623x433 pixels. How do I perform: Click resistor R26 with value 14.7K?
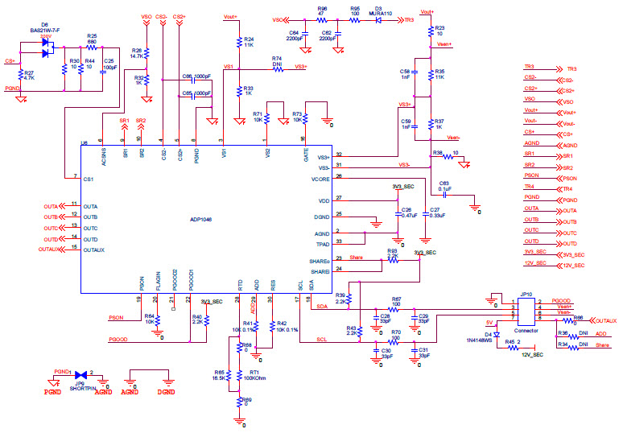pyautogui.click(x=146, y=52)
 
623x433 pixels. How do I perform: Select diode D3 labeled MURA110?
pyautogui.click(x=377, y=19)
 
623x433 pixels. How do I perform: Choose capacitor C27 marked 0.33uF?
pyautogui.click(x=426, y=212)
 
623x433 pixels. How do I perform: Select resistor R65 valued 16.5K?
pyautogui.click(x=229, y=374)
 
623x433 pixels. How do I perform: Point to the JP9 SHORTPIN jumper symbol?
pyautogui.click(x=81, y=375)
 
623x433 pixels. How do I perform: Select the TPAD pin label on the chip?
pyautogui.click(x=324, y=241)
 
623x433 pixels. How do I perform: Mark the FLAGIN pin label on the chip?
pyautogui.click(x=158, y=280)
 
